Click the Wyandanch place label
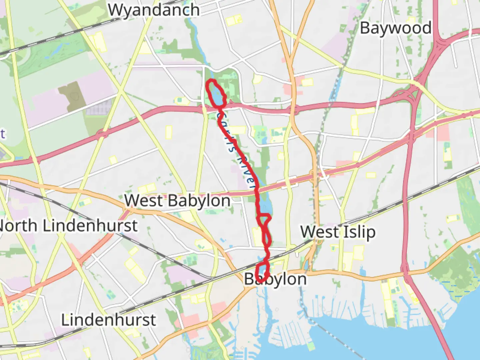[154, 10]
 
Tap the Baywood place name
[396, 28]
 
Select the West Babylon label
[177, 201]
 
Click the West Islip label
[338, 232]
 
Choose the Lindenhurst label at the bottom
[108, 320]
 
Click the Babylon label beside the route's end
[275, 279]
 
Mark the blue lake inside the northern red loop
[216, 95]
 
